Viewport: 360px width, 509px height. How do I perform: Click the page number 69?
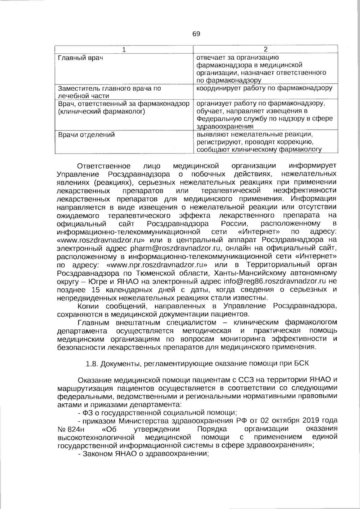pyautogui.click(x=196, y=34)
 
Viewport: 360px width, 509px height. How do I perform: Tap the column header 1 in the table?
pyautogui.click(x=124, y=50)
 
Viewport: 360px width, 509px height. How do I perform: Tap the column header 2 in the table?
pyautogui.click(x=265, y=50)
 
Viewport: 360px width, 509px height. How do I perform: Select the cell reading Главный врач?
pyautogui.click(x=80, y=58)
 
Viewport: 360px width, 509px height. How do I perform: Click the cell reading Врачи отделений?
pyautogui.click(x=86, y=135)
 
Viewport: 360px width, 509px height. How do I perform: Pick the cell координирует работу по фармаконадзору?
pyautogui.click(x=264, y=88)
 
